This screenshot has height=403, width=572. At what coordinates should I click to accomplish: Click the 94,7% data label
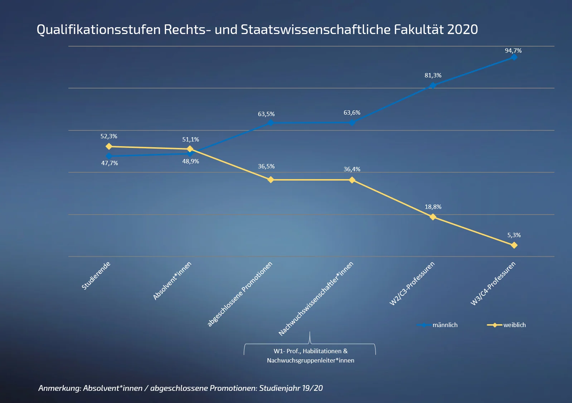coord(513,51)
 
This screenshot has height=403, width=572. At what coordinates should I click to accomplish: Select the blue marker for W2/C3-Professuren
coord(433,85)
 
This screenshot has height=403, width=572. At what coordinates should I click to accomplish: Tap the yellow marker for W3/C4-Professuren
coord(514,245)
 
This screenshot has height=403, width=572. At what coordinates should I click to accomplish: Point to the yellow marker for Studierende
coord(109,146)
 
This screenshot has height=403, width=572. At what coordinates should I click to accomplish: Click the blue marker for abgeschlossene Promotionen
coord(271,123)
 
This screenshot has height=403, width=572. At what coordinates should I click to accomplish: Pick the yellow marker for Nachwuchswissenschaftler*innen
coord(352,180)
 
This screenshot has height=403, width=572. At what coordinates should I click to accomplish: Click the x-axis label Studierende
coord(96,275)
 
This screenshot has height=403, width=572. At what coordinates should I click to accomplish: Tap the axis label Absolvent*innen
coord(172,280)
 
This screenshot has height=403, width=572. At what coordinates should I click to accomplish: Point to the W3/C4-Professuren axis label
coord(493,284)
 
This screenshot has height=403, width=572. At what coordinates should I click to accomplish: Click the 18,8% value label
coord(433,207)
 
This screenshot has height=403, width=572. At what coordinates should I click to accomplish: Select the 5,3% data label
coord(514,235)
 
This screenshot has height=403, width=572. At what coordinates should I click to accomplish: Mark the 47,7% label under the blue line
coord(110,163)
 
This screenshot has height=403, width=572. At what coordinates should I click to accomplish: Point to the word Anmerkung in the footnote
coord(59,388)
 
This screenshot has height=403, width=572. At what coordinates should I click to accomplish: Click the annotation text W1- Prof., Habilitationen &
coord(310,351)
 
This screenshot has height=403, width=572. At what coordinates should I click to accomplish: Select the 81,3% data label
coord(433,75)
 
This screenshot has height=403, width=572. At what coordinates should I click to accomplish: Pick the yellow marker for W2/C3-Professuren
coord(433,217)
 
